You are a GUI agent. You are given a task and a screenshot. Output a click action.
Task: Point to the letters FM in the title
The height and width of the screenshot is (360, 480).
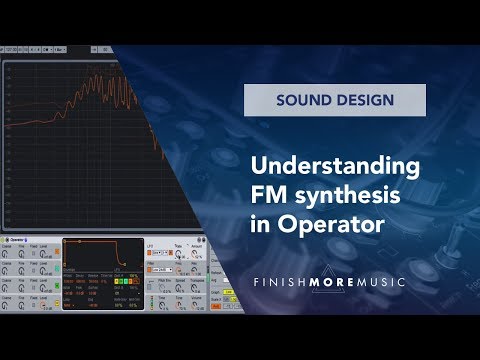pos(268,195)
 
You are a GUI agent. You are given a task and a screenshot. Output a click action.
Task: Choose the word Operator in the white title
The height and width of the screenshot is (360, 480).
pos(329,225)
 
